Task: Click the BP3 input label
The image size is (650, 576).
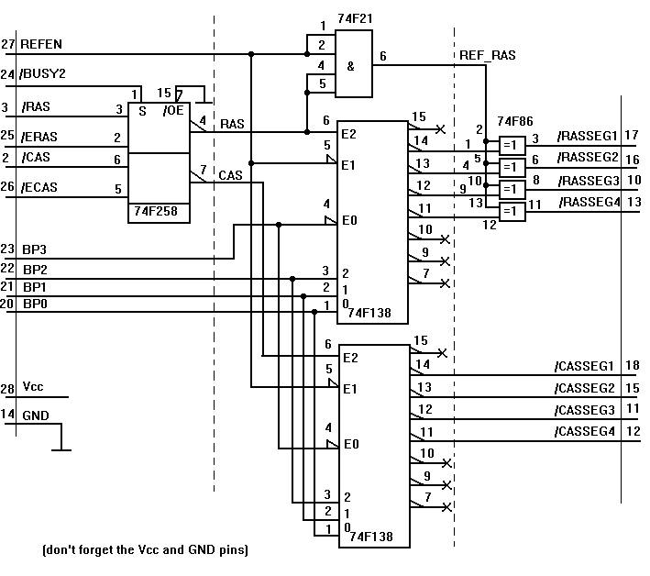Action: coord(36,249)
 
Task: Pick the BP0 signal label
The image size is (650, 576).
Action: coord(36,303)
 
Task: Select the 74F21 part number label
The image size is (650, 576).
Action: coord(356,17)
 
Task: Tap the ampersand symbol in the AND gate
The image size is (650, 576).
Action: coord(350,66)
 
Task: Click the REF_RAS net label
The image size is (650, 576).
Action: coord(487,56)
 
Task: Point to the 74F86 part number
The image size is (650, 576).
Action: coord(513,120)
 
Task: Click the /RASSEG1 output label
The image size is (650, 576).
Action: coord(589,137)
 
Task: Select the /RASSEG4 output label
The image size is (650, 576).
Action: coord(589,202)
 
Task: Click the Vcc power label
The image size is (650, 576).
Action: coord(33,389)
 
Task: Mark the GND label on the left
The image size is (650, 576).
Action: coord(36,415)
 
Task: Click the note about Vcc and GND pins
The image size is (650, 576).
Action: coord(145,550)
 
